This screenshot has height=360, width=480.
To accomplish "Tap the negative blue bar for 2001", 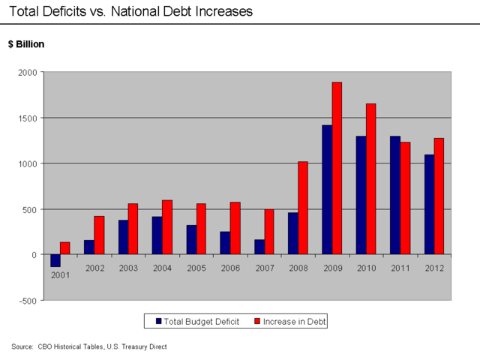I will (x=55, y=260).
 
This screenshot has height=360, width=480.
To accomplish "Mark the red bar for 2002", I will (x=99, y=235).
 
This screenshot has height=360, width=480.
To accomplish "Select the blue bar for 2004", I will (x=157, y=235).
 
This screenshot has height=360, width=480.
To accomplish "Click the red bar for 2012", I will (x=439, y=196).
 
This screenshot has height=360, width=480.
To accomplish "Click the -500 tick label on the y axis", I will (x=28, y=301).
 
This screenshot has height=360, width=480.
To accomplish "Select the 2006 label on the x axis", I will (x=230, y=268).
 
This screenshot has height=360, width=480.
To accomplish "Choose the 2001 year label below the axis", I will (x=60, y=275).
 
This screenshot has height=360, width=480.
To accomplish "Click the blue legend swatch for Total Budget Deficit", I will (x=159, y=321).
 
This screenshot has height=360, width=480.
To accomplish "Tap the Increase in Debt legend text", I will (x=294, y=321).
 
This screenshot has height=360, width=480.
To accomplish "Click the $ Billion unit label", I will (x=26, y=44).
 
